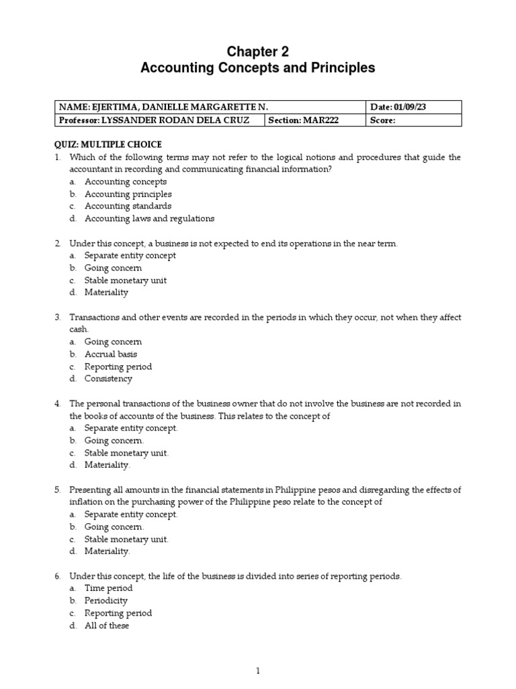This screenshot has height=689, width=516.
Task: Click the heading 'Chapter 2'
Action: [257, 52]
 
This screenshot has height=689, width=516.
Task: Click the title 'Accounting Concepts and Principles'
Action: [257, 68]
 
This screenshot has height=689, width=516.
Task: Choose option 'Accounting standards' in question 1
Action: [128, 206]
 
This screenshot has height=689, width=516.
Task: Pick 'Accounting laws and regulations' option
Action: [149, 219]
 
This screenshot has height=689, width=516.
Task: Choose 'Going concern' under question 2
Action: [113, 268]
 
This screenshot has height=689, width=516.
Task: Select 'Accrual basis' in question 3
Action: [111, 354]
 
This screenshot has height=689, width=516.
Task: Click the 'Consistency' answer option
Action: [108, 379]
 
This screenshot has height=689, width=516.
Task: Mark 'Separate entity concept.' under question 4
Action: [131, 428]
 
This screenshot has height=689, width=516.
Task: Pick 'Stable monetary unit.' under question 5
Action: [126, 539]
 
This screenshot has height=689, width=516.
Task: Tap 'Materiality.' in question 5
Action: [107, 551]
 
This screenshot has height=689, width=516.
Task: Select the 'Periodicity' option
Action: [106, 600]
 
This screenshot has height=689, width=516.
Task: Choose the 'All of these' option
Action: [107, 625]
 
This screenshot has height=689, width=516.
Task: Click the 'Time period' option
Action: [108, 588]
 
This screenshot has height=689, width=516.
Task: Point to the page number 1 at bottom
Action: [257, 670]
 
